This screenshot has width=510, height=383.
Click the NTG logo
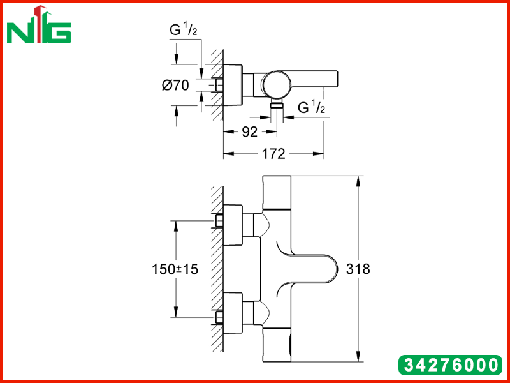tap(39, 26)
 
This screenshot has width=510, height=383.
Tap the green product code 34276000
tap(451, 364)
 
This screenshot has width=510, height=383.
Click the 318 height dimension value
tap(358, 269)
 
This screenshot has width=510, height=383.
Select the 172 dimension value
tap(273, 154)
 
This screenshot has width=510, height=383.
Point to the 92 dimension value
tap(249, 132)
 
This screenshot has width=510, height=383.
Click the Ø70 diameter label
tap(175, 86)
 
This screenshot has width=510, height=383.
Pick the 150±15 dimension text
tap(175, 269)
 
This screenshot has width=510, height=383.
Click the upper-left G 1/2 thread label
tap(184, 30)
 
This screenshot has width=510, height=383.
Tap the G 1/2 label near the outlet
tap(311, 107)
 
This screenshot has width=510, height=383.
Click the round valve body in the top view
tap(277, 84)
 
